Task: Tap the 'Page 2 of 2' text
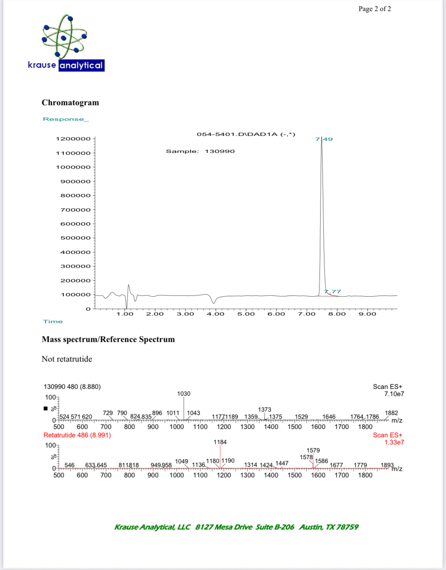point(375,9)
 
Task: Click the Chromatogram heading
point(70,103)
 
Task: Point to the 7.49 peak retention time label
point(324,139)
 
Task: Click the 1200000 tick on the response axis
point(73,139)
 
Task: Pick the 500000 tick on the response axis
point(76,238)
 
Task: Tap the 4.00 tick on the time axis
point(215,314)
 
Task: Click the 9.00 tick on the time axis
point(367,314)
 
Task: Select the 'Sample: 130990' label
point(200,151)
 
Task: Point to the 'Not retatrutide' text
point(67,359)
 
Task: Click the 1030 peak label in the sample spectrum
point(184,394)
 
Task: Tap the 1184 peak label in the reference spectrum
point(220,442)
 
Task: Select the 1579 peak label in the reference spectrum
point(313,450)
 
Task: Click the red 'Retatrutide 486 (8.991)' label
point(77,435)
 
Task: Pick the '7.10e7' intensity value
point(394,394)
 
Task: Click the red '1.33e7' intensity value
point(394,442)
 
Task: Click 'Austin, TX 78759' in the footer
point(329,527)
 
